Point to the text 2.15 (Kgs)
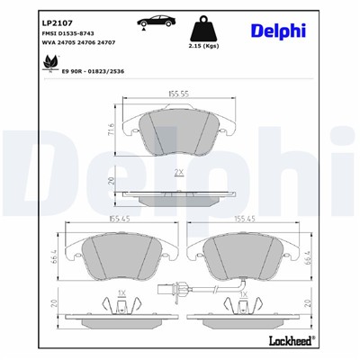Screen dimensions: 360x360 pyautogui.click(x=203, y=45)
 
